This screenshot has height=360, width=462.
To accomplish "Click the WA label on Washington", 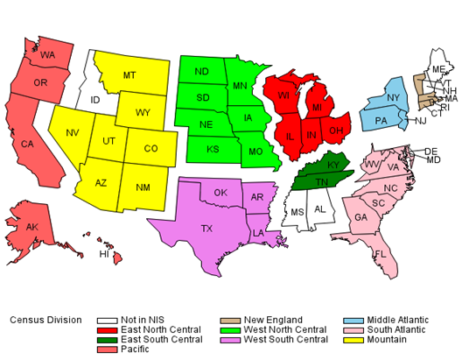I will (x=48, y=55).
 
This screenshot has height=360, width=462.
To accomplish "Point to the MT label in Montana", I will (x=129, y=74).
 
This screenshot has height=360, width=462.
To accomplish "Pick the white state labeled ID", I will (x=94, y=99).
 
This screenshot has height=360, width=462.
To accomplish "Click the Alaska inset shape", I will (x=32, y=228).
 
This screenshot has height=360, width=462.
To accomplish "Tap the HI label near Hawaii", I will (x=104, y=254).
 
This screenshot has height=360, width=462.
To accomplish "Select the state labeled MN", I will (x=240, y=85).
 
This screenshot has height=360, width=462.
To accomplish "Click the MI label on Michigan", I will (x=318, y=107).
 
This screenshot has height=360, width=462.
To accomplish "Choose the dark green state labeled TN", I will (x=321, y=180).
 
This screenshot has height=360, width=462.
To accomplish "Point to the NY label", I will (x=394, y=97).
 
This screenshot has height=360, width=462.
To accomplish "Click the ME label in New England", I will (x=437, y=68).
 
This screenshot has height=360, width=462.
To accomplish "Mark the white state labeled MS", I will (x=297, y=212).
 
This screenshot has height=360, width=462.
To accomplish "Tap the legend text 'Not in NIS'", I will (x=146, y=320).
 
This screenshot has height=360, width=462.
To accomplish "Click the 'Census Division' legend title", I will (x=45, y=320).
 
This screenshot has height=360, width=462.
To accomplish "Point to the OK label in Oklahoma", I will (x=220, y=193).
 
